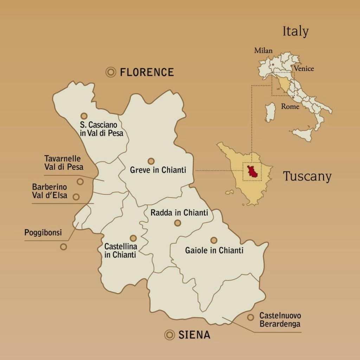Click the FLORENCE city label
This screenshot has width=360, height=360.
tap(147, 72)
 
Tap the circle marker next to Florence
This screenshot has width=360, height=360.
tap(111, 72)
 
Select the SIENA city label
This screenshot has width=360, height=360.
tap(194, 335)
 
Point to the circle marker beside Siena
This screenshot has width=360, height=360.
tap(170, 335)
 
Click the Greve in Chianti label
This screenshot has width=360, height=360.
tap(158, 170)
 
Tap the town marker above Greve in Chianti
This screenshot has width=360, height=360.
tap(151, 161)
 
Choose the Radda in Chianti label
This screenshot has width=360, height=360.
tap(179, 213)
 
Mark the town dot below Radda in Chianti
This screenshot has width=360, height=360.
tap(178, 223)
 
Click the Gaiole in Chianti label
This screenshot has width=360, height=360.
tap(214, 250)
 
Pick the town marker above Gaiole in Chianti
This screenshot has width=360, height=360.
tap(214, 240)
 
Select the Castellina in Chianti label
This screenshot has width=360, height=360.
tap(121, 250)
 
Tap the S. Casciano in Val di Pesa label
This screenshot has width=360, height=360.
tap(102, 129)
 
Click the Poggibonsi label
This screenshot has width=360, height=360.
tap(43, 232)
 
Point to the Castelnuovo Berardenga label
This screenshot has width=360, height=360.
tap(280, 320)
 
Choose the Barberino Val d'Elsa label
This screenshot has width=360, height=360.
tap(50, 191)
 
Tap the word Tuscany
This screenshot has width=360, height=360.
tap(307, 176)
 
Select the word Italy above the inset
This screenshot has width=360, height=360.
tap(295, 32)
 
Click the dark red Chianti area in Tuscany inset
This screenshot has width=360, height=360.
tap(252, 171)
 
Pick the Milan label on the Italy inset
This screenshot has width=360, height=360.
tap(263, 51)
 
